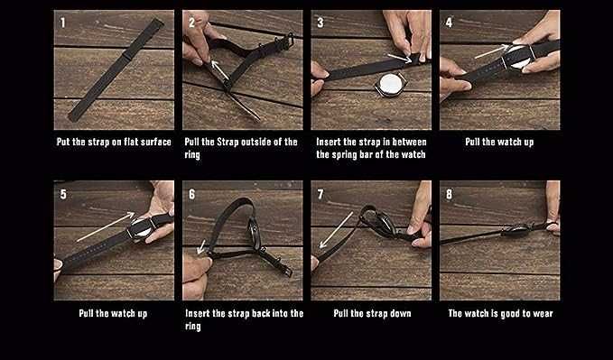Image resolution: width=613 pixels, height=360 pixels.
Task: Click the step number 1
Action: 62,23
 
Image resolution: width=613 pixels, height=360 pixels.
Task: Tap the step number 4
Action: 449,23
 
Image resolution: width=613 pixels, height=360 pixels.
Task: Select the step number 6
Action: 192,194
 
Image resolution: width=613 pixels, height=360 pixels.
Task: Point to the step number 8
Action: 450,194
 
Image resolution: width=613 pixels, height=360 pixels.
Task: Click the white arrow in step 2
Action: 219,69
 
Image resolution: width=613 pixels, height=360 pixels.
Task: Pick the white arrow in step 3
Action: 400,59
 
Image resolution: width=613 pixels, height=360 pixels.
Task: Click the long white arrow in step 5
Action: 106,226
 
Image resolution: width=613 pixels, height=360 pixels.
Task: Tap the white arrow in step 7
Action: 336,230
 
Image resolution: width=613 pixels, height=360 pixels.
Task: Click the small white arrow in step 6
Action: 201,246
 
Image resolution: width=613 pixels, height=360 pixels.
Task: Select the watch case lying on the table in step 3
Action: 391,85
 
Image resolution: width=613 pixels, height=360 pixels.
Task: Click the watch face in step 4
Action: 519,58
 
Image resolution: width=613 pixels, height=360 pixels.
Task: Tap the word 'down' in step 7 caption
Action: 400,313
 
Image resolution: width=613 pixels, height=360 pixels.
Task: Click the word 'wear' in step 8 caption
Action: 543,313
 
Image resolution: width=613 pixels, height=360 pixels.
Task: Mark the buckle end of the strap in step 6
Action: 288,270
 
